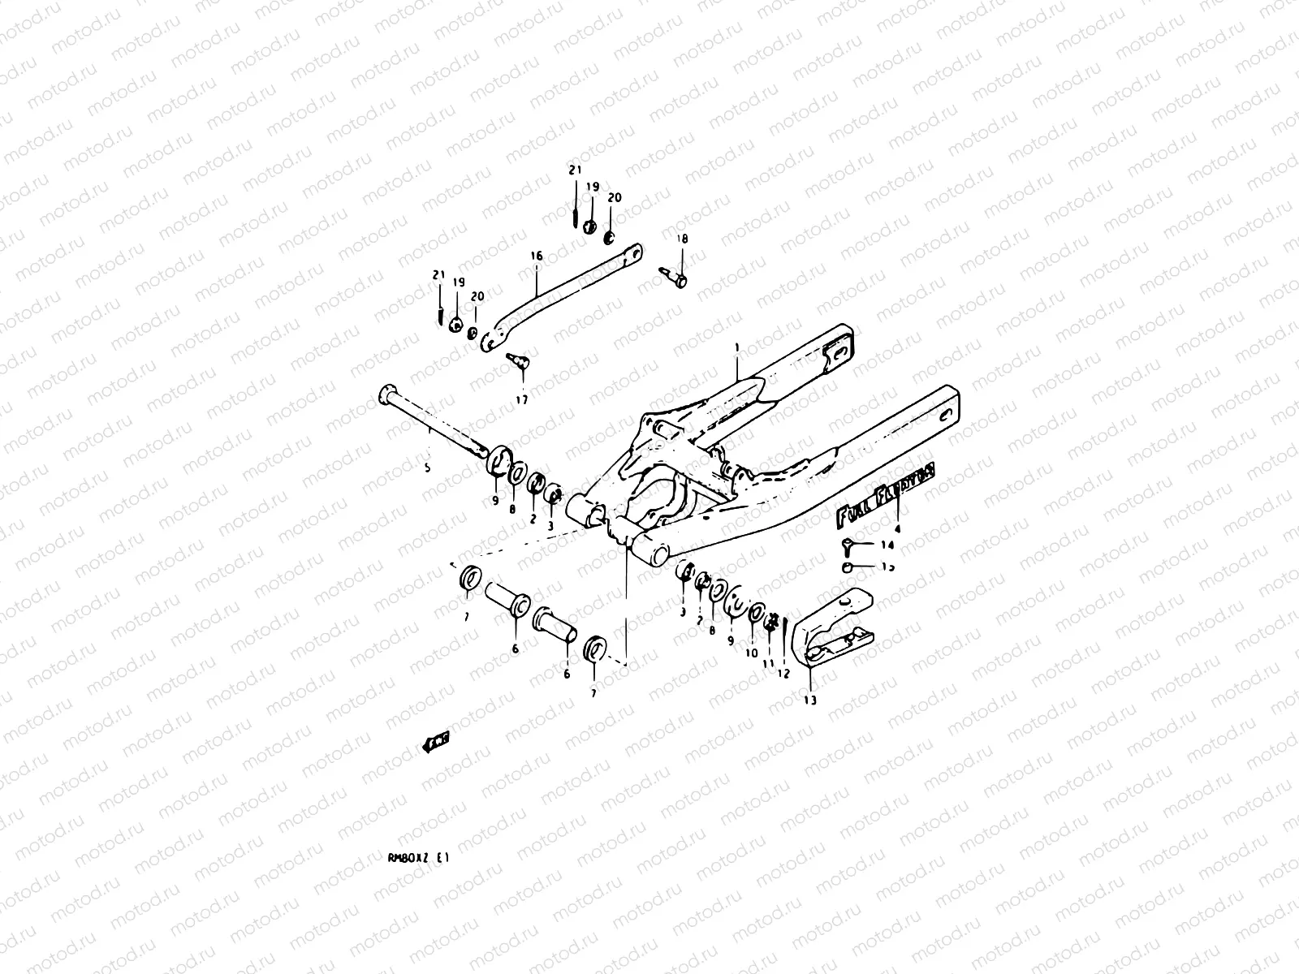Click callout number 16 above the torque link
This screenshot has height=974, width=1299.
coord(536,255)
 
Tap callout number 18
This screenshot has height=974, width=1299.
coord(683,239)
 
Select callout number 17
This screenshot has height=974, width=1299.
coord(520,400)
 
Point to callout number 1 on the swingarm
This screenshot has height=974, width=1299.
coord(736,347)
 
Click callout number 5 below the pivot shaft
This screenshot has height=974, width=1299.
coord(427,468)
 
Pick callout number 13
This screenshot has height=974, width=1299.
coord(810,700)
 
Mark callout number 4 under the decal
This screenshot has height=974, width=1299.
coord(898,528)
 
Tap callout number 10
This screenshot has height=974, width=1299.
coord(751,653)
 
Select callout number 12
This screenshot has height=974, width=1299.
coord(783,673)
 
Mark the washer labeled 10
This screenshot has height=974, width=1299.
coord(757,614)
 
